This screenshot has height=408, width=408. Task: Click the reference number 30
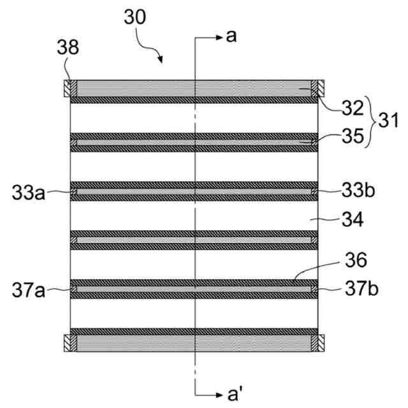point(135,18)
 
